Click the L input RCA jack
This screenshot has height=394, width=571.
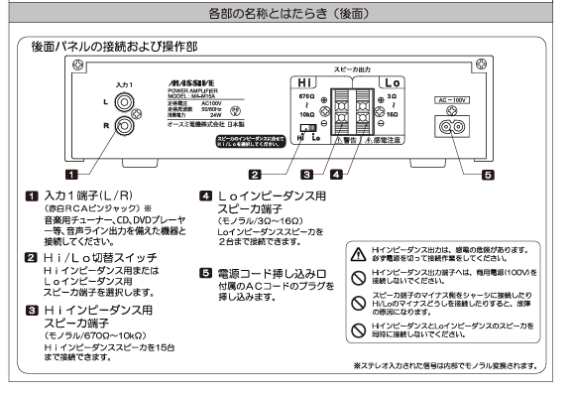click(124, 101)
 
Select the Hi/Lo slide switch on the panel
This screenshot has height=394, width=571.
click(309, 129)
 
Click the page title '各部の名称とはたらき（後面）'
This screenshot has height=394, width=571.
click(285, 14)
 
